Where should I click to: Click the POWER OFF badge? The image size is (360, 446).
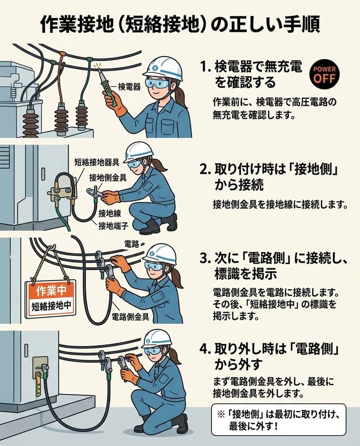click(x=325, y=75)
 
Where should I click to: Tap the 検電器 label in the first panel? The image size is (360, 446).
click(x=129, y=86)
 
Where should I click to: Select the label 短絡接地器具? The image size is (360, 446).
click(x=97, y=162)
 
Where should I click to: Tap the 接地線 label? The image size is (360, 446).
click(x=110, y=214)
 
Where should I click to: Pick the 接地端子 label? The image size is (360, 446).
click(x=113, y=226)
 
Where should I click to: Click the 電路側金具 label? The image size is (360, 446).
click(x=130, y=317)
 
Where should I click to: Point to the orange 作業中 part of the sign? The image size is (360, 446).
click(x=51, y=290)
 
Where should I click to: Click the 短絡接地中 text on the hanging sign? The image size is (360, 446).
click(x=51, y=307)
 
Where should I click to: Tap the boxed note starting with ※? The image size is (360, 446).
click(x=279, y=420)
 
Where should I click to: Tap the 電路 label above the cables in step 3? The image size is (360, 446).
click(x=132, y=244)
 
